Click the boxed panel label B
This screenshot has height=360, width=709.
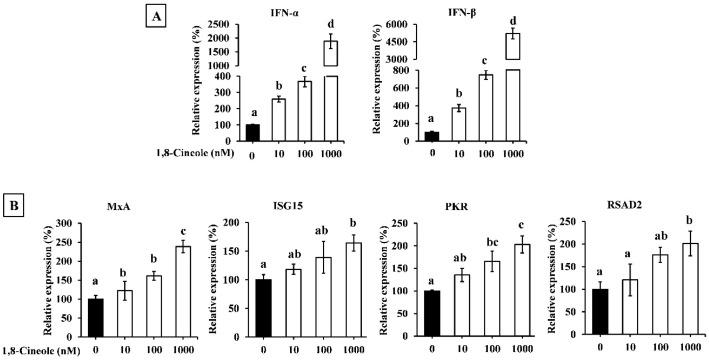[x=19, y=186]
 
